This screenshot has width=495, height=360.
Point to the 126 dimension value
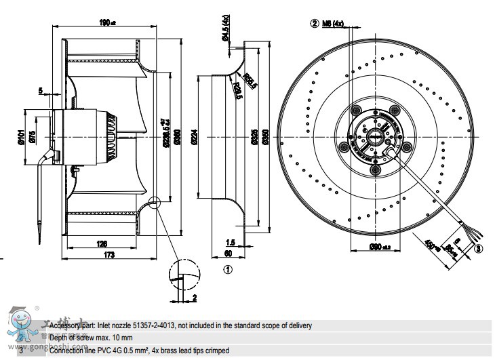(102, 243)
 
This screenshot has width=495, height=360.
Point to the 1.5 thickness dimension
(231, 243)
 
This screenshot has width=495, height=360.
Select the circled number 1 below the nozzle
(228, 268)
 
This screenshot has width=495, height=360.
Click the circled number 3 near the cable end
(479, 249)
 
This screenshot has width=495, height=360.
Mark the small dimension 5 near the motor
(41, 90)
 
